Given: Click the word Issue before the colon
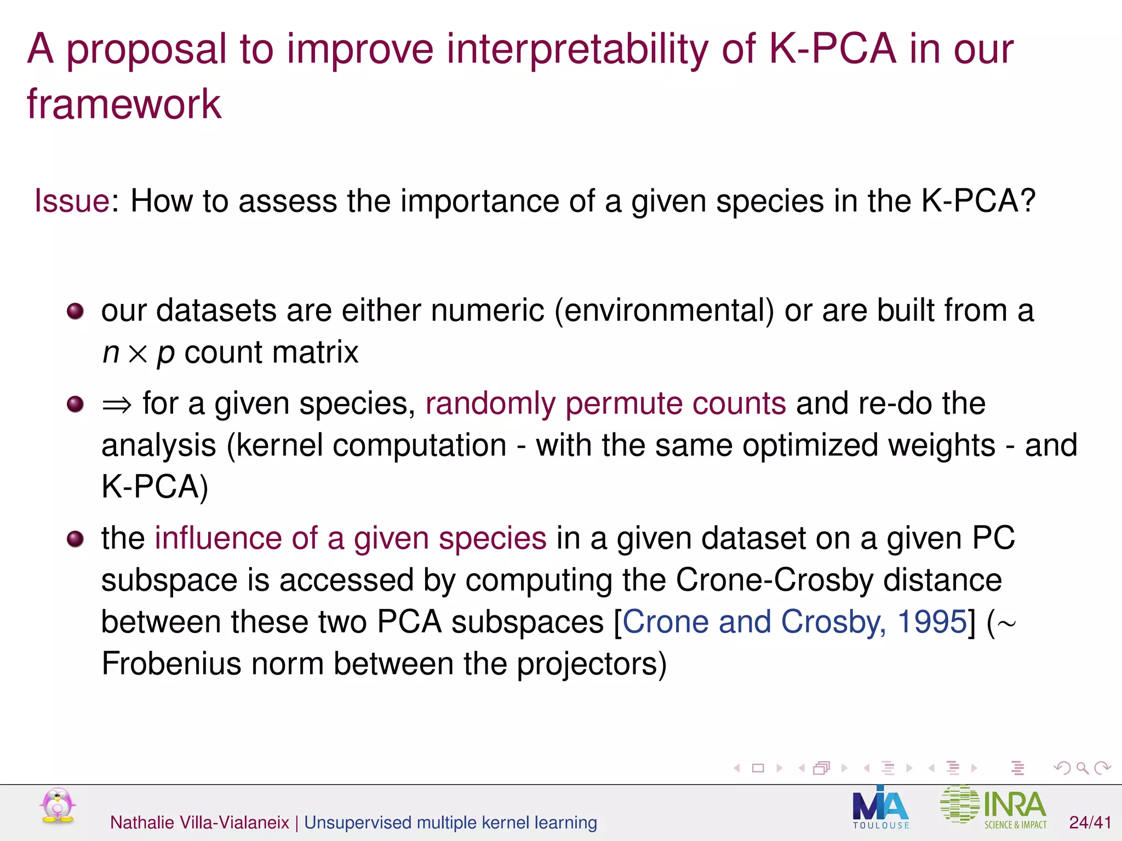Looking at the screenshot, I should coord(72,201).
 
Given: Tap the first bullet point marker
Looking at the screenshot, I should coord(75,312).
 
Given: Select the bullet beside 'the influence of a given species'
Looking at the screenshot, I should coord(75,539).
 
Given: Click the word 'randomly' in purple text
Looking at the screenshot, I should coord(490,404).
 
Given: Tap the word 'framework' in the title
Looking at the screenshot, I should coord(124,104).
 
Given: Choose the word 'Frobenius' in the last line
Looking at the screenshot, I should coord(171,664).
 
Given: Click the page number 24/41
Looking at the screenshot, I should coord(1090,822).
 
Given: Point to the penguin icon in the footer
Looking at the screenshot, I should coord(58,806).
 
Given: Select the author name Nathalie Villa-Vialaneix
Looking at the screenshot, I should coord(199,822).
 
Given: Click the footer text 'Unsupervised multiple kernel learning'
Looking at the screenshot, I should coord(450,822).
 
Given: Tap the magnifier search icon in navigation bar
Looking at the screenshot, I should coord(1082,768).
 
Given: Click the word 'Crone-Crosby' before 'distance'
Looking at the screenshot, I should coord(775,580).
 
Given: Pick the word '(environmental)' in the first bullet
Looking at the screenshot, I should coord(664,311).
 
